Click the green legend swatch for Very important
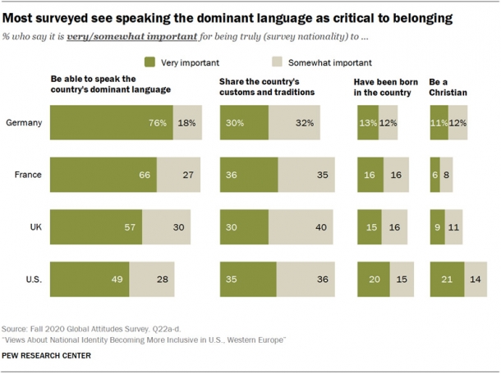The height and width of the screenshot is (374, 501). [x=149, y=62]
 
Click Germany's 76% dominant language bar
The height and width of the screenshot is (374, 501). [x=111, y=122]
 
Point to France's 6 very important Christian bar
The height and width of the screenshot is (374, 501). [x=434, y=174]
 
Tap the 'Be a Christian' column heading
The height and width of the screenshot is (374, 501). [x=448, y=87]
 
